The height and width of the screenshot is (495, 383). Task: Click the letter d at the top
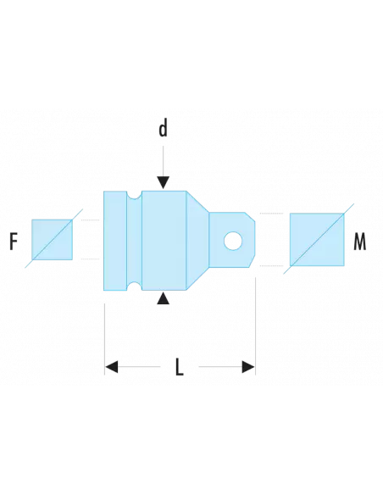pos(163,129)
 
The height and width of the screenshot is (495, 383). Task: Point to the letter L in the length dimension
pos(179,368)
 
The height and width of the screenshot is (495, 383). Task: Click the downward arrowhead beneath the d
pos(163,182)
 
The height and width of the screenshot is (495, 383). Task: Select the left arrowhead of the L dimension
pos(111,367)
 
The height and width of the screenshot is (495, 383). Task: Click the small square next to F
pos(52,238)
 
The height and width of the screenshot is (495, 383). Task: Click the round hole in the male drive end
pos(231,242)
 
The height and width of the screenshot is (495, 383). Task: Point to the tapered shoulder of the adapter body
pos(197,242)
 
